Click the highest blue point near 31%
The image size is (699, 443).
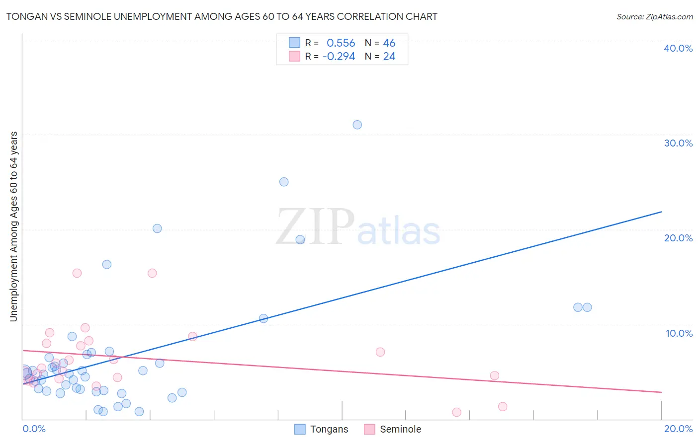tap(357, 125)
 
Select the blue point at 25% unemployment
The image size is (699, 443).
tap(284, 182)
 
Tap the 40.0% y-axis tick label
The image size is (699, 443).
tap(678, 48)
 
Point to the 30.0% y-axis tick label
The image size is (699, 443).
tap(678, 143)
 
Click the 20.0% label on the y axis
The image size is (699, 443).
tap(678, 238)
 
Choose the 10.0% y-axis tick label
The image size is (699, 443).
tap(679, 333)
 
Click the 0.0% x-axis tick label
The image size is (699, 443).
tap(34, 429)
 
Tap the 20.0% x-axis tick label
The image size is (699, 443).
tap(678, 429)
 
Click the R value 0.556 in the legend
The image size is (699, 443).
tap(341, 43)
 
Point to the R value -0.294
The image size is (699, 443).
tap(339, 57)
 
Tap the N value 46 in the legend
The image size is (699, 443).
tap(389, 43)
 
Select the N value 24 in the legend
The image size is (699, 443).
tap(389, 57)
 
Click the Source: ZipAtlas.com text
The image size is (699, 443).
tap(654, 17)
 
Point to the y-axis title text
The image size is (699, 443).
tap(13, 226)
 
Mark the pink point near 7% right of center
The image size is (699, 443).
tap(380, 352)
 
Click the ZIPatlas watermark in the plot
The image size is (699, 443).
tap(358, 227)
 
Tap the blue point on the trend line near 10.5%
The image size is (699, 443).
tap(263, 318)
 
